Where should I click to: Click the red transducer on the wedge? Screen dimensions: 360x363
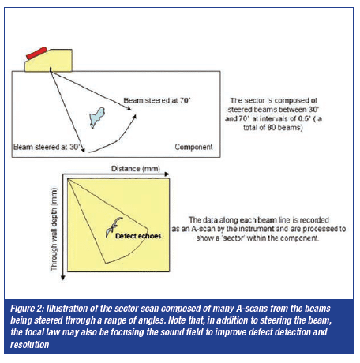point(36,53)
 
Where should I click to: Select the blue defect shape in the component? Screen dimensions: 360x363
point(97,118)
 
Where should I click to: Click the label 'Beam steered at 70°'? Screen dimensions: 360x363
point(157,100)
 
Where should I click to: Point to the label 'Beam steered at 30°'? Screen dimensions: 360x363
point(47,147)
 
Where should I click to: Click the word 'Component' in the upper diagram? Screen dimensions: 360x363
point(193,147)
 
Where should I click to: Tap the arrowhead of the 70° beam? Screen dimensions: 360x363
point(129,108)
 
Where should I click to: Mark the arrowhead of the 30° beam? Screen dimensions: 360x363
point(83,149)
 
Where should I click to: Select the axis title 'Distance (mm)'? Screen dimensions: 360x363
point(136,168)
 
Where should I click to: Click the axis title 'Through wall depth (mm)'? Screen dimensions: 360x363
point(54,229)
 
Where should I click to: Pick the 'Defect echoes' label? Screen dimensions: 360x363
point(138,236)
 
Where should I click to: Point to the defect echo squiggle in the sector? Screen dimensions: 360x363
point(114,226)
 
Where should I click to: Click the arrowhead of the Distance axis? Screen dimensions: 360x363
point(167,174)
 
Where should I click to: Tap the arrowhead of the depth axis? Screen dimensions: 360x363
point(63,278)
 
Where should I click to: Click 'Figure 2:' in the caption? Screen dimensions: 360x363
point(27,309)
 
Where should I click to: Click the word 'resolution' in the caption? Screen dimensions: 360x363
point(29,345)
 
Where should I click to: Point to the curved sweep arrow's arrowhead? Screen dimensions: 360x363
point(134,117)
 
